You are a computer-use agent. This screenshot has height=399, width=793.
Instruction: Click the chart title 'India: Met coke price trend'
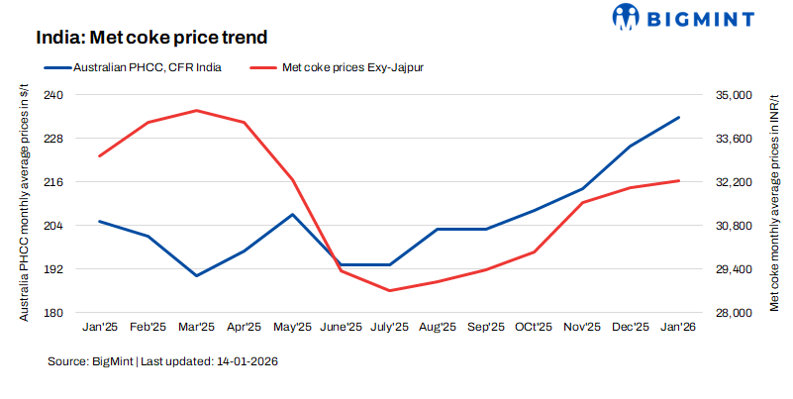(152, 38)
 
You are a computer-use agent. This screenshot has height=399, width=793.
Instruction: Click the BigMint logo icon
(629, 17)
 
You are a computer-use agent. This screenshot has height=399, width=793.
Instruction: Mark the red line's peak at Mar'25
(196, 110)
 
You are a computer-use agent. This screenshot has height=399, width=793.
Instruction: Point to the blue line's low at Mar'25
(196, 275)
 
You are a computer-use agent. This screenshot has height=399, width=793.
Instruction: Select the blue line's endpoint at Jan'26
(678, 117)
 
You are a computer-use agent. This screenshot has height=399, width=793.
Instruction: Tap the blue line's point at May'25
(292, 214)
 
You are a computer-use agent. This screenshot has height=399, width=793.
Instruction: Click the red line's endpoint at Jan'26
(678, 180)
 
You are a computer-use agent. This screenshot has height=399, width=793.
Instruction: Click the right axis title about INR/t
(773, 203)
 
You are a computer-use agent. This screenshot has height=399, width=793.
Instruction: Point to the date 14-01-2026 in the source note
(247, 362)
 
